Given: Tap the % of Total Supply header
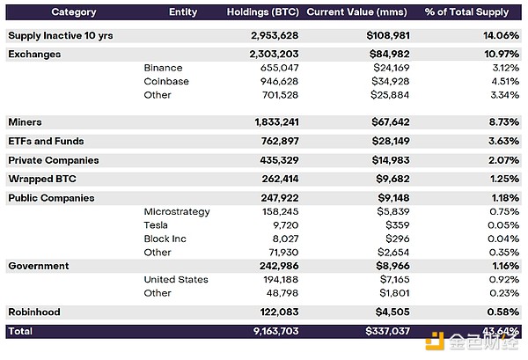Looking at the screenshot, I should click(467, 12).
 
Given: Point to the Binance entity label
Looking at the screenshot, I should click(163, 68).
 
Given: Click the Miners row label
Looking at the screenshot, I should click(25, 121).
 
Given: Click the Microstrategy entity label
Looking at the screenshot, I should click(176, 211).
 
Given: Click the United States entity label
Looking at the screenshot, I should click(176, 279).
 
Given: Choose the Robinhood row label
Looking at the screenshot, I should click(36, 312).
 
